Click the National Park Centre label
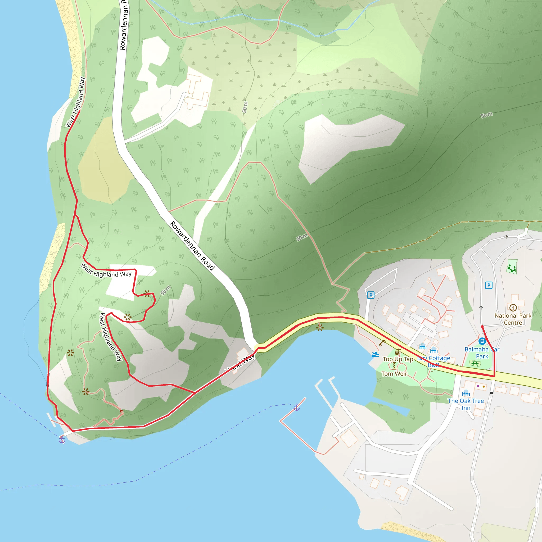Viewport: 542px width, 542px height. click(x=513, y=319)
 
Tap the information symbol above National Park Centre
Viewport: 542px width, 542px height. click(x=513, y=308)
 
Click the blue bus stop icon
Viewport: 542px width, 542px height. click(x=482, y=341)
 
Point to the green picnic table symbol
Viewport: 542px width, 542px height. click(x=475, y=364)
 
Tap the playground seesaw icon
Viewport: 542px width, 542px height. click(x=512, y=268)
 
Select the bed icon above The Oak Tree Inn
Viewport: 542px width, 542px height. click(x=466, y=393)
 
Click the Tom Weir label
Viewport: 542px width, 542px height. click(x=394, y=374)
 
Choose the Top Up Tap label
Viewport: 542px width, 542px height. click(x=398, y=359)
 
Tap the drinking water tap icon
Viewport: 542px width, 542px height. click(x=397, y=351)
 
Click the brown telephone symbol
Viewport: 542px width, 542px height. click(x=382, y=343)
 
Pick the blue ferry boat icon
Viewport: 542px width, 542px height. click(x=375, y=355)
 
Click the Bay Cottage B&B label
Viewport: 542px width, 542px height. click(x=434, y=362)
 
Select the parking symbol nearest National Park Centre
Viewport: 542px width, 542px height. click(x=489, y=285)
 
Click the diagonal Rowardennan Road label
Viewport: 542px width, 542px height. click(x=192, y=246)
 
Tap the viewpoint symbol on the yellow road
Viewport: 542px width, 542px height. click(x=320, y=327)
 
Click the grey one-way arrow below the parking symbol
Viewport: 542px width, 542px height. click(x=481, y=308)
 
